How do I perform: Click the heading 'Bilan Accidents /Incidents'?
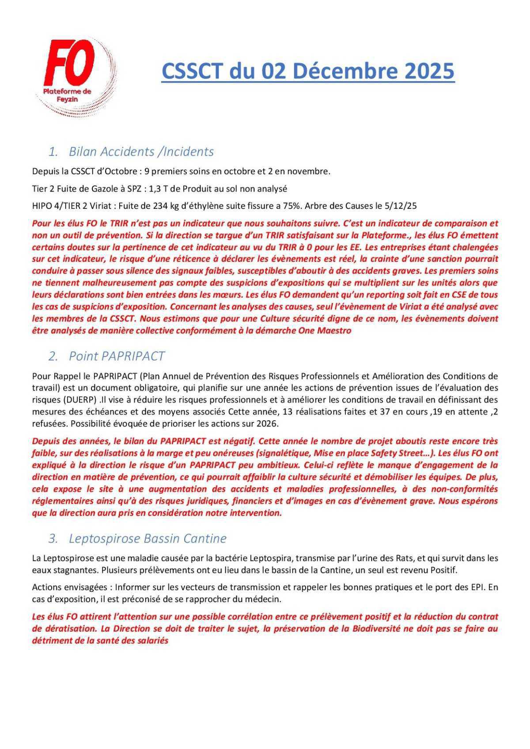pos(141,151)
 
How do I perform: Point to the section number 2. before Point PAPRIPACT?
pos(53,356)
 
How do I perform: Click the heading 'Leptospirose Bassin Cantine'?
pos(148,538)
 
